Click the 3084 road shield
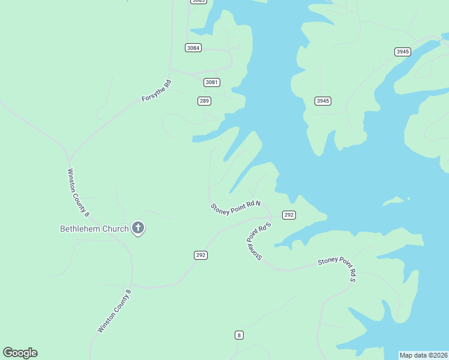tap(193, 48)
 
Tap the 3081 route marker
tap(211, 82)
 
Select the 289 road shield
tap(204, 101)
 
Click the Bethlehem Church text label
tap(94, 229)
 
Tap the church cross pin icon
tap(138, 227)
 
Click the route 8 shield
tap(239, 335)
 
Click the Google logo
tap(20, 353)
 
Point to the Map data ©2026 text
tap(424, 355)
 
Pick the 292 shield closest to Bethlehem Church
tap(201, 255)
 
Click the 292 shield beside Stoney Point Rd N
tap(289, 215)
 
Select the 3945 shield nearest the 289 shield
tap(323, 101)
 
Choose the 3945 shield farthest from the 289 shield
tap(402, 52)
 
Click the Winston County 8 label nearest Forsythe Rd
tap(78, 193)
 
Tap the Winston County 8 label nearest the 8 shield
tap(114, 311)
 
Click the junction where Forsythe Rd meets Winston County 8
tap(70, 160)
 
